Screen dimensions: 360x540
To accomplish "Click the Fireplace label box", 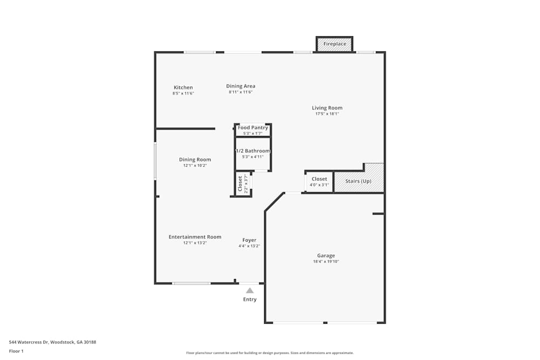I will pyautogui.click(x=334, y=44).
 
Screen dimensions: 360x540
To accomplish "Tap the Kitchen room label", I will pyautogui.click(x=183, y=87).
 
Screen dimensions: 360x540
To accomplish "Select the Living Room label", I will pyautogui.click(x=327, y=108).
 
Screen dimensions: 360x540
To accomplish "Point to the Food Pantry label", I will pyautogui.click(x=253, y=128).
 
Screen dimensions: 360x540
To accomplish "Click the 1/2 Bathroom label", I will pyautogui.click(x=253, y=151).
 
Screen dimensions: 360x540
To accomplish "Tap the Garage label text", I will pyautogui.click(x=326, y=256).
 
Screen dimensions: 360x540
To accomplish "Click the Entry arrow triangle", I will pyautogui.click(x=249, y=290).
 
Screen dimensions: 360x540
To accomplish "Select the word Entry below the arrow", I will pyautogui.click(x=249, y=300).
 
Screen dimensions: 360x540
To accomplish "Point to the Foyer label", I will pyautogui.click(x=249, y=240).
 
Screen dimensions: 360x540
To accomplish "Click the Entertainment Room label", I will pyautogui.click(x=195, y=237).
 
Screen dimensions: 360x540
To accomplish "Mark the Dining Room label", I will pyautogui.click(x=195, y=160).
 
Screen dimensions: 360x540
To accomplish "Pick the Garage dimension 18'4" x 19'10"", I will pyautogui.click(x=326, y=262).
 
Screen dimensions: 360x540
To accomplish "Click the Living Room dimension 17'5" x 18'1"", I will pyautogui.click(x=327, y=114).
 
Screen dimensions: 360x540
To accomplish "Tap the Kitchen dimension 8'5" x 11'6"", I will pyautogui.click(x=183, y=93).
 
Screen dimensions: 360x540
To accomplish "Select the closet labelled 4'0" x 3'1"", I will pyautogui.click(x=319, y=181).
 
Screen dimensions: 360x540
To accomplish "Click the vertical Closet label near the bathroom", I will pyautogui.click(x=240, y=184).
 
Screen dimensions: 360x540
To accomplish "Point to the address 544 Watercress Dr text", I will pyautogui.click(x=52, y=342).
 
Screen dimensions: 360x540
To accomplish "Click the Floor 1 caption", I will pyautogui.click(x=16, y=351).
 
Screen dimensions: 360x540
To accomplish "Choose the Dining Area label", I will pyautogui.click(x=240, y=86).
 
